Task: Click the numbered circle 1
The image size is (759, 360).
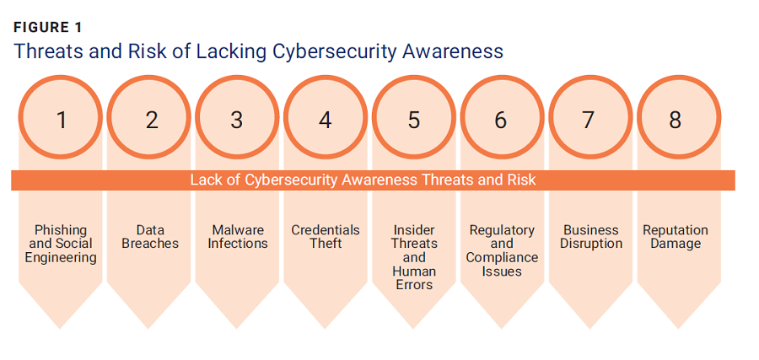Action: [x=61, y=120]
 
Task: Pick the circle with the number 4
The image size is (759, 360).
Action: [x=326, y=120]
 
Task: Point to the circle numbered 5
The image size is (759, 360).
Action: [x=414, y=120]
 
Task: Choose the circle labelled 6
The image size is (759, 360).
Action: [x=502, y=120]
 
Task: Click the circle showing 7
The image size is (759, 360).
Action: [x=589, y=120]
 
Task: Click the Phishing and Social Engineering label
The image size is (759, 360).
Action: [x=61, y=244]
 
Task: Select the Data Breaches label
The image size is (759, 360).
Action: [x=149, y=237]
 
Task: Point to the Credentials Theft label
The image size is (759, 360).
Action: [x=326, y=237]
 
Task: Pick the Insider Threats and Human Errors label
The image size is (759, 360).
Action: [x=414, y=257]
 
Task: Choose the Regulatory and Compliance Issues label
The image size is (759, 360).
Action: [x=502, y=250]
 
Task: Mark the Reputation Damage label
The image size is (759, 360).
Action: [x=676, y=237]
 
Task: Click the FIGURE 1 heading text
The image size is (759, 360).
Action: [x=47, y=27]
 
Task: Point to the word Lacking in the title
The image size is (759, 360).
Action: [x=232, y=51]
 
